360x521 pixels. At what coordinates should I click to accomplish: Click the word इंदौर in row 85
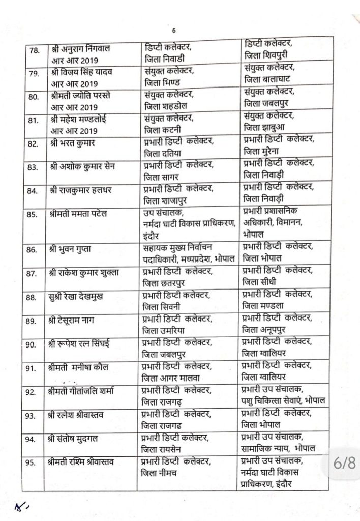[x=154, y=236]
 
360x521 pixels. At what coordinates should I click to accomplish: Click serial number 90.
[x=33, y=344]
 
